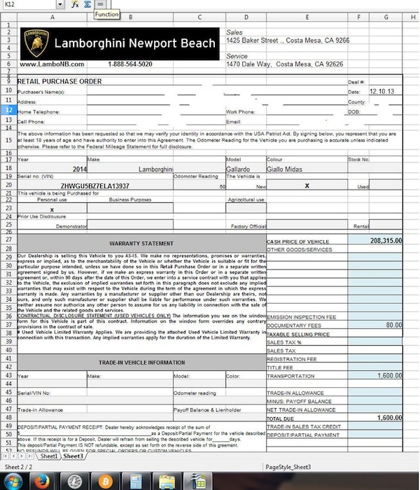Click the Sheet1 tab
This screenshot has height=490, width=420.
(x=48, y=456)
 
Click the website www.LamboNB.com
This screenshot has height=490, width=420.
(x=52, y=64)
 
